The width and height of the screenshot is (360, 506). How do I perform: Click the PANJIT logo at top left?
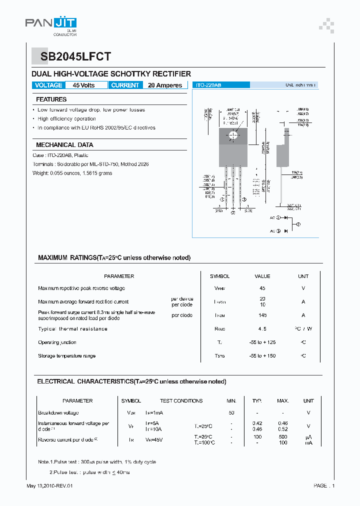pyautogui.click(x=50, y=24)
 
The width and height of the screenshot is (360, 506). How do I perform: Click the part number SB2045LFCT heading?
pyautogui.click(x=71, y=56)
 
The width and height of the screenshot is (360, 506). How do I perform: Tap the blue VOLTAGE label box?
pyautogui.click(x=48, y=85)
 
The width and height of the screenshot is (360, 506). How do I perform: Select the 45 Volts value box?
pyautogui.click(x=83, y=85)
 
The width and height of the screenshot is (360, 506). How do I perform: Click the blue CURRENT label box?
pyautogui.click(x=125, y=85)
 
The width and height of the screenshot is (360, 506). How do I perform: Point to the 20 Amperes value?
pyautogui.click(x=165, y=85)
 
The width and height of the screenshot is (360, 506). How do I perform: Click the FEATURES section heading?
pyautogui.click(x=51, y=99)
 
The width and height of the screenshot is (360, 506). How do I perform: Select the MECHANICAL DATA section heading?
pyautogui.click(x=64, y=144)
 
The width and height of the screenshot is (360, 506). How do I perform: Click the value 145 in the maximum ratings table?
pyautogui.click(x=262, y=315)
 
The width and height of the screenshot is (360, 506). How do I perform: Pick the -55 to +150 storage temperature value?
pyautogui.click(x=262, y=356)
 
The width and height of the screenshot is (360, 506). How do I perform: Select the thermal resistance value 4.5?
pyautogui.click(x=262, y=329)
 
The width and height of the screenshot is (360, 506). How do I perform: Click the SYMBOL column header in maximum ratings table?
pyautogui.click(x=219, y=276)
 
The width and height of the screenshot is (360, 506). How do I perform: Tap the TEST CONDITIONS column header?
pyautogui.click(x=181, y=401)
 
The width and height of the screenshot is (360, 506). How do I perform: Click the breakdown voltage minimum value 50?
pyautogui.click(x=231, y=413)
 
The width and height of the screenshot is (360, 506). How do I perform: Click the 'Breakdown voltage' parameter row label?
pyautogui.click(x=58, y=413)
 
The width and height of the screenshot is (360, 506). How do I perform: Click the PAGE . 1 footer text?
pyautogui.click(x=324, y=486)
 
